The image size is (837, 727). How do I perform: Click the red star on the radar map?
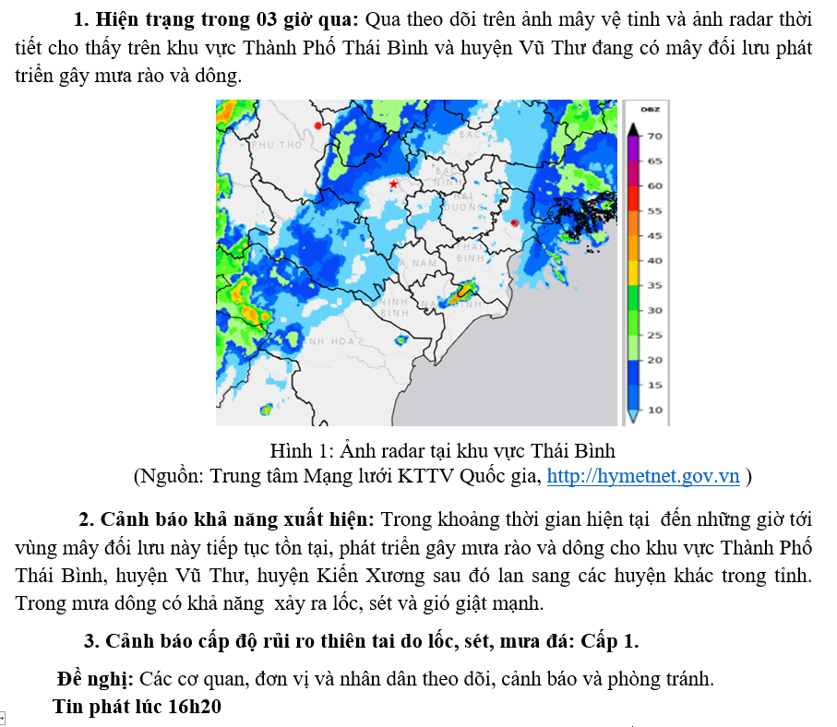pos(394,185)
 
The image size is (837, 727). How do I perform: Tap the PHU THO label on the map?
pos(276,146)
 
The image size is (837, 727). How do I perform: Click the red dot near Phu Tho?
pos(318,125)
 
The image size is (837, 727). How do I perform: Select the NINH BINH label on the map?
pos(394,307)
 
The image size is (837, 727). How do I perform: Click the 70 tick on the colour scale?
pos(654,136)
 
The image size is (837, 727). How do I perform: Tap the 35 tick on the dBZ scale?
pos(654,285)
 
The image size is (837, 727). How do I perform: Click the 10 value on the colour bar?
pos(654,410)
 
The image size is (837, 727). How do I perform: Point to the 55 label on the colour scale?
pos(654,210)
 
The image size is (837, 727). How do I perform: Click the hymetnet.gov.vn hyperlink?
pos(643,476)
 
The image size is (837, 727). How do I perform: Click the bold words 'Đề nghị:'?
pos(96,680)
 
